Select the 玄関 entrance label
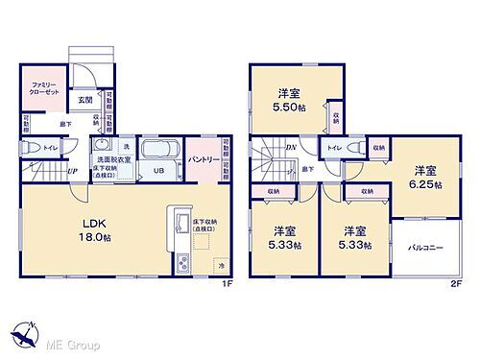point(85,100)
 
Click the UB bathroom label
point(156,171)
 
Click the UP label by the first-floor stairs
point(72,172)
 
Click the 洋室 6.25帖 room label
point(422,177)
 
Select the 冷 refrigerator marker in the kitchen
point(220,264)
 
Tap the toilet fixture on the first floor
point(28,147)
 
